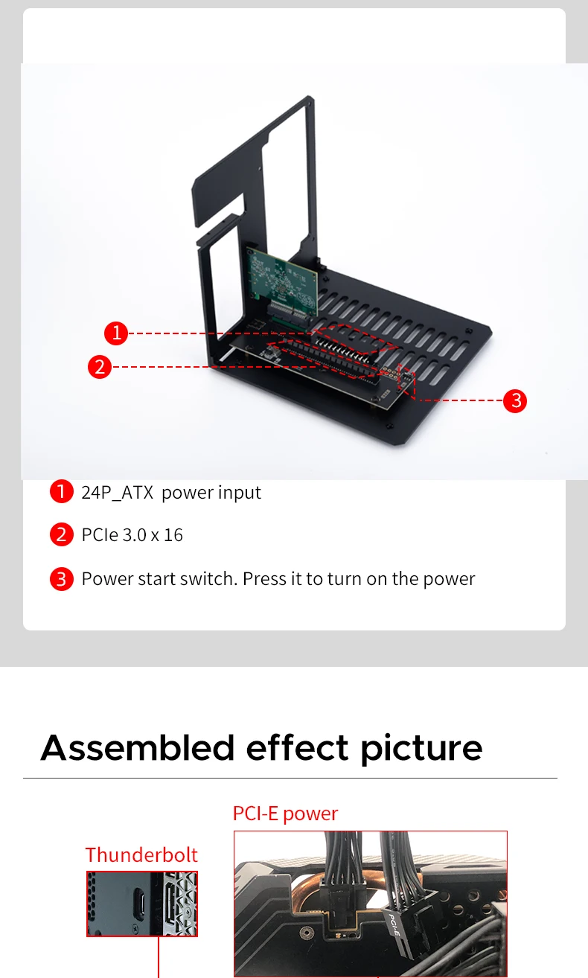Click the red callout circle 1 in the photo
pyautogui.click(x=116, y=333)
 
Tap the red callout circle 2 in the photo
pyautogui.click(x=100, y=367)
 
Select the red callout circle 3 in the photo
pyautogui.click(x=515, y=400)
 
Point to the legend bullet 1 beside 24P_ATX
pyautogui.click(x=62, y=492)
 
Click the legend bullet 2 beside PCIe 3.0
pyautogui.click(x=62, y=534)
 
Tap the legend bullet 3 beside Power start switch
pyautogui.click(x=62, y=579)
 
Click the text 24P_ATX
pyautogui.click(x=118, y=493)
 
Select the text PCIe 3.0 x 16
pyautogui.click(x=132, y=535)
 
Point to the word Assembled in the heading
pyautogui.click(x=138, y=748)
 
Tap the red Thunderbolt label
pyautogui.click(x=141, y=855)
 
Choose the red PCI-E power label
pyautogui.click(x=286, y=814)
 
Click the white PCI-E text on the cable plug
pyautogui.click(x=394, y=924)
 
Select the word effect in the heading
pyautogui.click(x=297, y=748)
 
